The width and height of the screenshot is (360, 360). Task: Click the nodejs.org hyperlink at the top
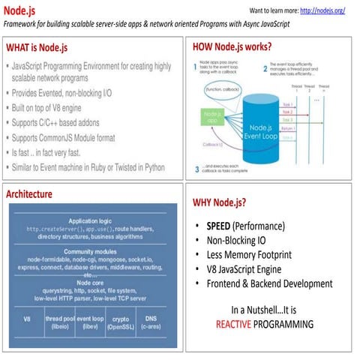pyautogui.click(x=322, y=11)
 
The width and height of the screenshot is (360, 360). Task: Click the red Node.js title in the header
pyautogui.click(x=20, y=10)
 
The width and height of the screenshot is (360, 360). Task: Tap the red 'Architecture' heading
pyautogui.click(x=29, y=194)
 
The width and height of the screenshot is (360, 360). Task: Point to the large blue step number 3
pyautogui.click(x=196, y=167)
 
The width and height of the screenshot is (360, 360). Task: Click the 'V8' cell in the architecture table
pyautogui.click(x=28, y=322)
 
